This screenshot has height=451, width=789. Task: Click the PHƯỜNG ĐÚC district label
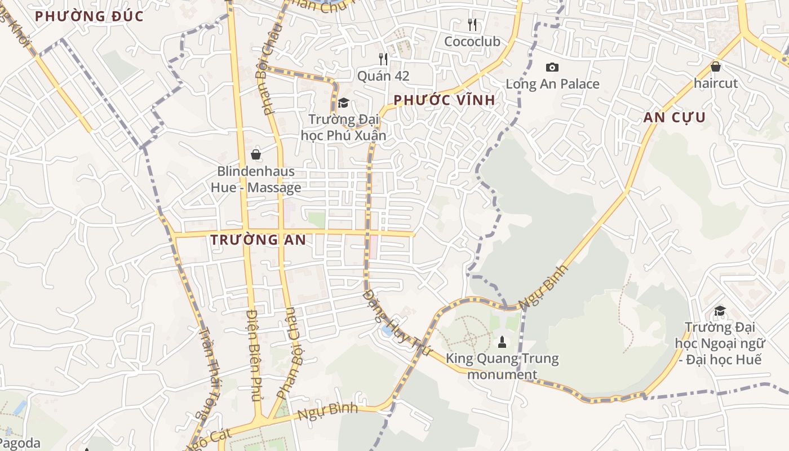(x=89, y=16)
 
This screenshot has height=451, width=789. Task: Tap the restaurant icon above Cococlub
(x=472, y=25)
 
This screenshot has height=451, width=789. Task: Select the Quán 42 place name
(x=383, y=76)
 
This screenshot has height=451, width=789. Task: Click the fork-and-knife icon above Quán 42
(x=383, y=59)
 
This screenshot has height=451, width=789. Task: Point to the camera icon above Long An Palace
(x=552, y=67)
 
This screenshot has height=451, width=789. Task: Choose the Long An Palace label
(x=552, y=84)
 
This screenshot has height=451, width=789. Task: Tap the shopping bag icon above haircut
(x=716, y=67)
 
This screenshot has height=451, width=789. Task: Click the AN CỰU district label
(x=675, y=118)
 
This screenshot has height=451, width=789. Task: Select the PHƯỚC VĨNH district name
(x=444, y=100)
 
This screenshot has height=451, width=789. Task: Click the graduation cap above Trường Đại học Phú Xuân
(x=343, y=103)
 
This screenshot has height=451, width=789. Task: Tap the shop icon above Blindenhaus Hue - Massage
(x=256, y=154)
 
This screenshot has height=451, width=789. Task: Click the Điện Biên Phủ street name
(x=255, y=355)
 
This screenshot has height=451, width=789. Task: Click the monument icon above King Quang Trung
(x=502, y=342)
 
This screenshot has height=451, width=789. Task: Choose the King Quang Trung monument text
(x=502, y=366)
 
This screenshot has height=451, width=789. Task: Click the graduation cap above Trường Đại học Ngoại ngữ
(x=720, y=311)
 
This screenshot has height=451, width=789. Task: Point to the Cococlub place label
(x=472, y=42)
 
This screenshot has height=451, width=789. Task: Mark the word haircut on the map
(x=716, y=83)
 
